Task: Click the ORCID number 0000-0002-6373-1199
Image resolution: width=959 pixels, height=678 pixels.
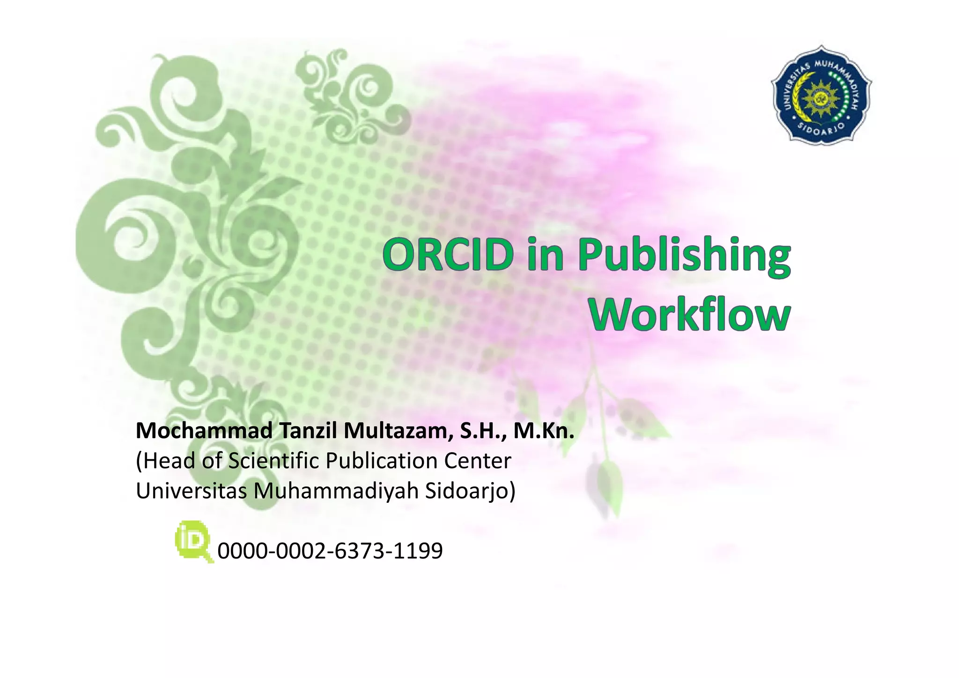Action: (x=330, y=551)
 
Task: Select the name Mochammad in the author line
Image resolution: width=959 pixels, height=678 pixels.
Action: (x=204, y=431)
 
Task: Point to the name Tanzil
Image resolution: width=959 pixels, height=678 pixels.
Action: (x=309, y=431)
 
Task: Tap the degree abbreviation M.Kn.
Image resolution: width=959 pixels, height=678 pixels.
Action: (x=544, y=431)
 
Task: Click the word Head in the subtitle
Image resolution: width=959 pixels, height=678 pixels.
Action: (x=169, y=461)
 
